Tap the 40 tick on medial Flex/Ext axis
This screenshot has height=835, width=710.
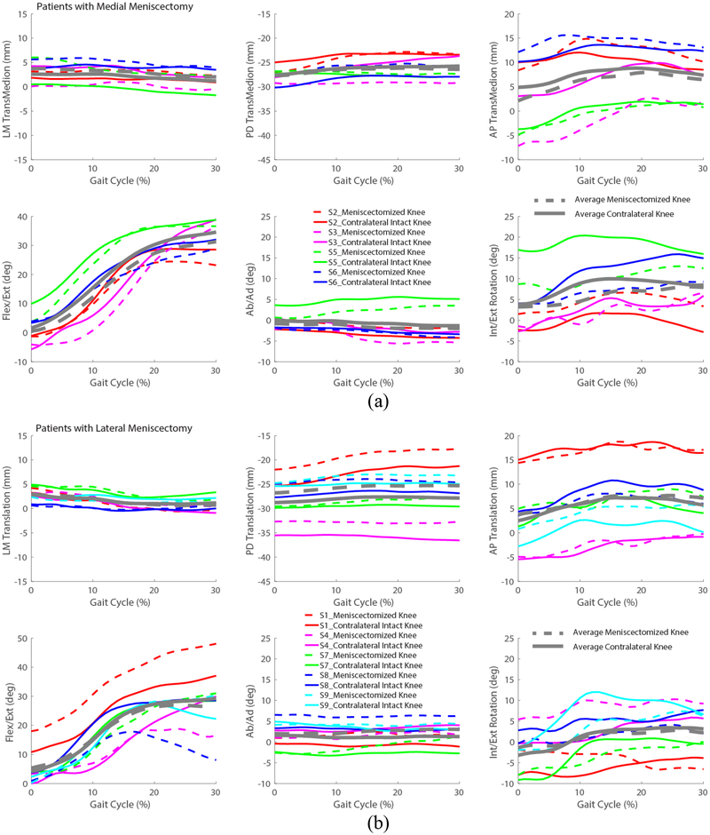(20, 217)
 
